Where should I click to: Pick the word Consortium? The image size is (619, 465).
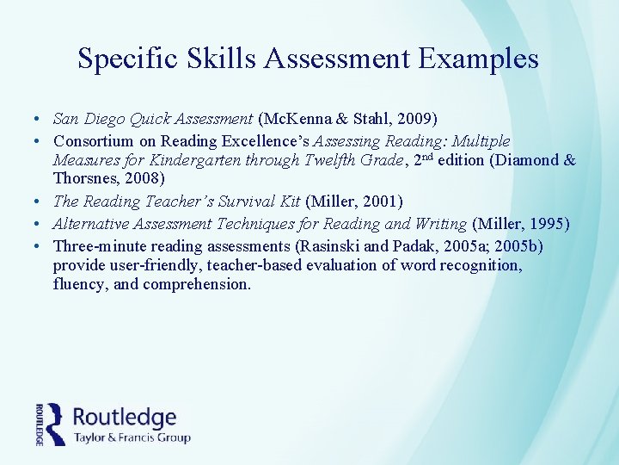pos(94,140)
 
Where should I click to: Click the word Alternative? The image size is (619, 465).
pos(92,224)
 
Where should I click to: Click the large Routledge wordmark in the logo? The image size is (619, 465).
pos(125,418)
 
